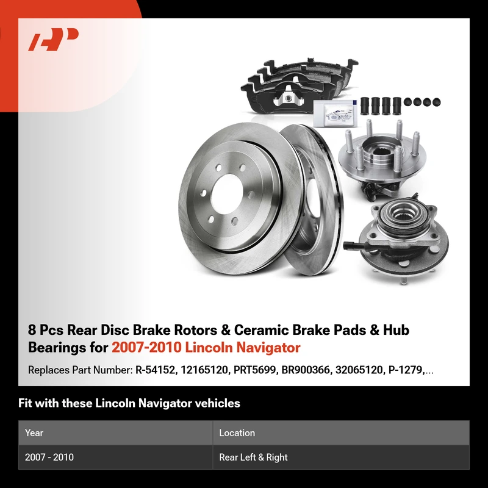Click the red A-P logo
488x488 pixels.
(53, 39)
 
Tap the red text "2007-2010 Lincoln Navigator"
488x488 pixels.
(206, 347)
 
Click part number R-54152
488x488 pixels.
(155, 370)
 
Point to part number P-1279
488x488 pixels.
(405, 370)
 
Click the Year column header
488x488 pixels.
(34, 433)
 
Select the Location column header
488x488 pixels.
(237, 433)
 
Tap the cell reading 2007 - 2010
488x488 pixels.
(49, 457)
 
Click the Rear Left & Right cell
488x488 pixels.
(253, 457)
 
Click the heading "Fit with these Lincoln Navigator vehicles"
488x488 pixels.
(129, 403)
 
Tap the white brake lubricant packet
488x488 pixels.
(335, 113)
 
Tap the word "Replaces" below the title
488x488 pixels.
(49, 370)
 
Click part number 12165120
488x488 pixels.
(204, 370)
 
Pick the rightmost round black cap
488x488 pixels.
(436, 102)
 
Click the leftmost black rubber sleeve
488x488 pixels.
(365, 106)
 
